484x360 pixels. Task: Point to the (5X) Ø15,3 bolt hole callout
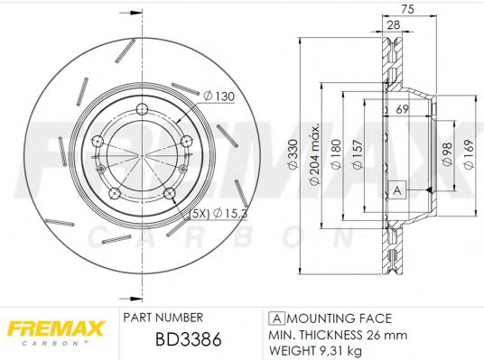[218, 213]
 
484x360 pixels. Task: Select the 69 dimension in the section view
[402, 108]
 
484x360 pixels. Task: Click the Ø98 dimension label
[446, 156]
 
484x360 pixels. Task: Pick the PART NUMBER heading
[163, 318]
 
